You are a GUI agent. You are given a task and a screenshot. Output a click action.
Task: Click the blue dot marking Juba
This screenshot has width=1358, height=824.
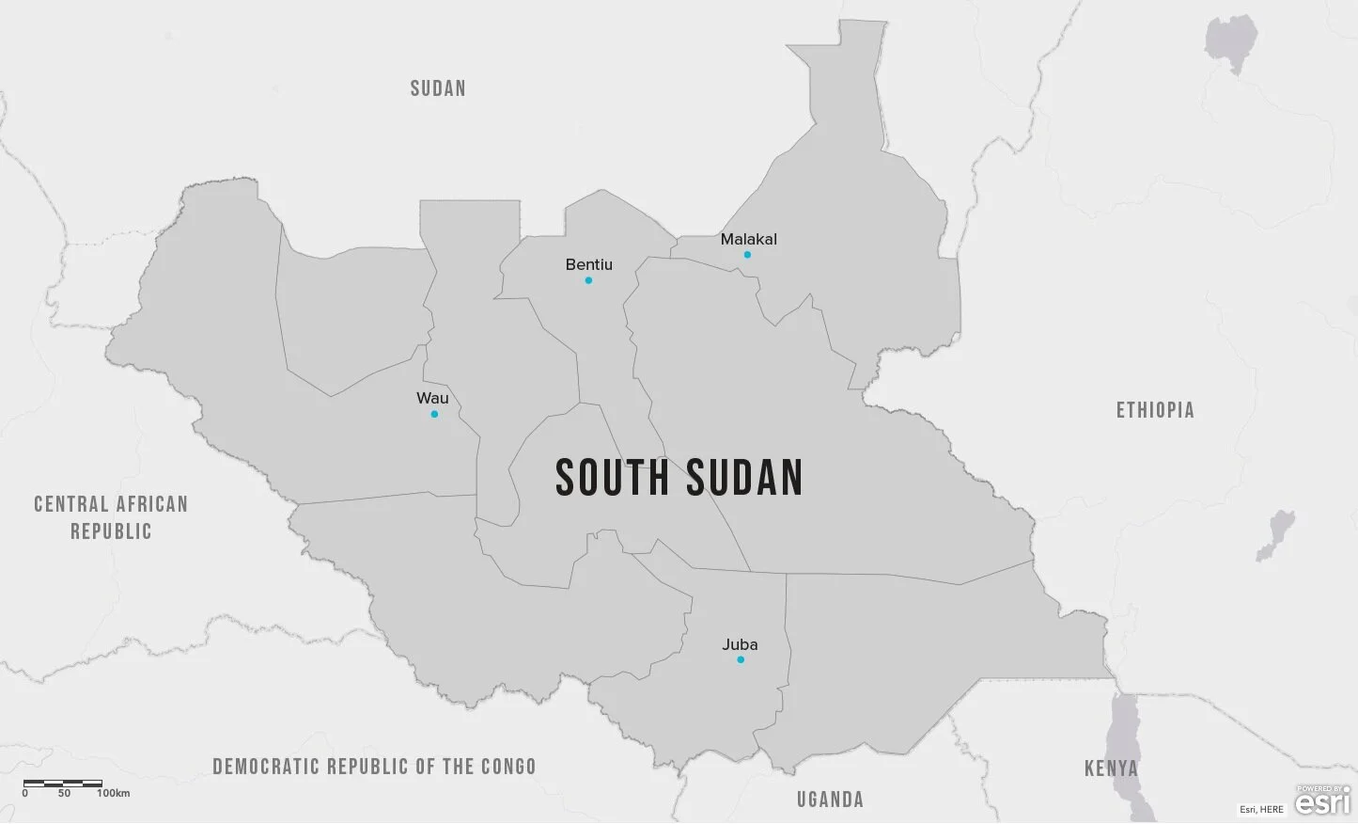click(x=741, y=659)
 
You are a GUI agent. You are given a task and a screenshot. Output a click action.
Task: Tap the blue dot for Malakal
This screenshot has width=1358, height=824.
click(x=747, y=255)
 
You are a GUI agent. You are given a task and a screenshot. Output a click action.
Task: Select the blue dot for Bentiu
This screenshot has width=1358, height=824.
click(x=588, y=280)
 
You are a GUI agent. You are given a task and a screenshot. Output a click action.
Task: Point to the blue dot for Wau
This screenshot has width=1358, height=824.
click(x=434, y=414)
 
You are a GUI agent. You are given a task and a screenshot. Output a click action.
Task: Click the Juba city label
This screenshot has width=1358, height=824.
click(x=740, y=644)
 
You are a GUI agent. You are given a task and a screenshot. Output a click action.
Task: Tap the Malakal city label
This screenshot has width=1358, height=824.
click(x=748, y=239)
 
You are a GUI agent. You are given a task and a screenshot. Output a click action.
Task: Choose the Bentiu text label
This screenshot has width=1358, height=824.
click(x=588, y=264)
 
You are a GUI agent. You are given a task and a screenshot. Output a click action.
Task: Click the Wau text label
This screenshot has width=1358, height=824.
click(x=432, y=398)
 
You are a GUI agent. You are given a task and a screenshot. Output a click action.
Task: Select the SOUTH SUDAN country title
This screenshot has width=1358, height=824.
click(x=679, y=477)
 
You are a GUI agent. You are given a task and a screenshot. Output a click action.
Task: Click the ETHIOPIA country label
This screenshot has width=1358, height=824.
click(x=1155, y=410)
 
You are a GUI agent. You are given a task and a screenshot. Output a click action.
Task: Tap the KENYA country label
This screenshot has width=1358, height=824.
click(x=1111, y=769)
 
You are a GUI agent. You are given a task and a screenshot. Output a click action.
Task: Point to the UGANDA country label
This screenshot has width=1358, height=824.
click(x=830, y=800)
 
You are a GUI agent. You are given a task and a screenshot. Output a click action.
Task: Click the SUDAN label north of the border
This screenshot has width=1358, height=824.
click(x=438, y=88)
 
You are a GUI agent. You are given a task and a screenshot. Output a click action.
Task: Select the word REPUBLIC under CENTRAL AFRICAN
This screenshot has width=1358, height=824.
click(x=111, y=531)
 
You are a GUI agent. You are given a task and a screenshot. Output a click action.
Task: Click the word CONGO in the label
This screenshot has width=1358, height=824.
click(x=508, y=767)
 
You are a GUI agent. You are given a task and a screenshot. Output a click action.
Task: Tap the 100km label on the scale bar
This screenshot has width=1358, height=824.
click(x=113, y=793)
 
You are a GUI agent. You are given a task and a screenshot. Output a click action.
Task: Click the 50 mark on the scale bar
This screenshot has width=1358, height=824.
click(x=64, y=793)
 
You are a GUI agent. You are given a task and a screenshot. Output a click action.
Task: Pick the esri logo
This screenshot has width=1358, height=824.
click(x=1322, y=800)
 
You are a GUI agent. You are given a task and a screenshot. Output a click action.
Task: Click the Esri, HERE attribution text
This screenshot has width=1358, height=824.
click(x=1261, y=809)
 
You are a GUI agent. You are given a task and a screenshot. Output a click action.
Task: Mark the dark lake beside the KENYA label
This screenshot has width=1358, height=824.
click(x=1124, y=734)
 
